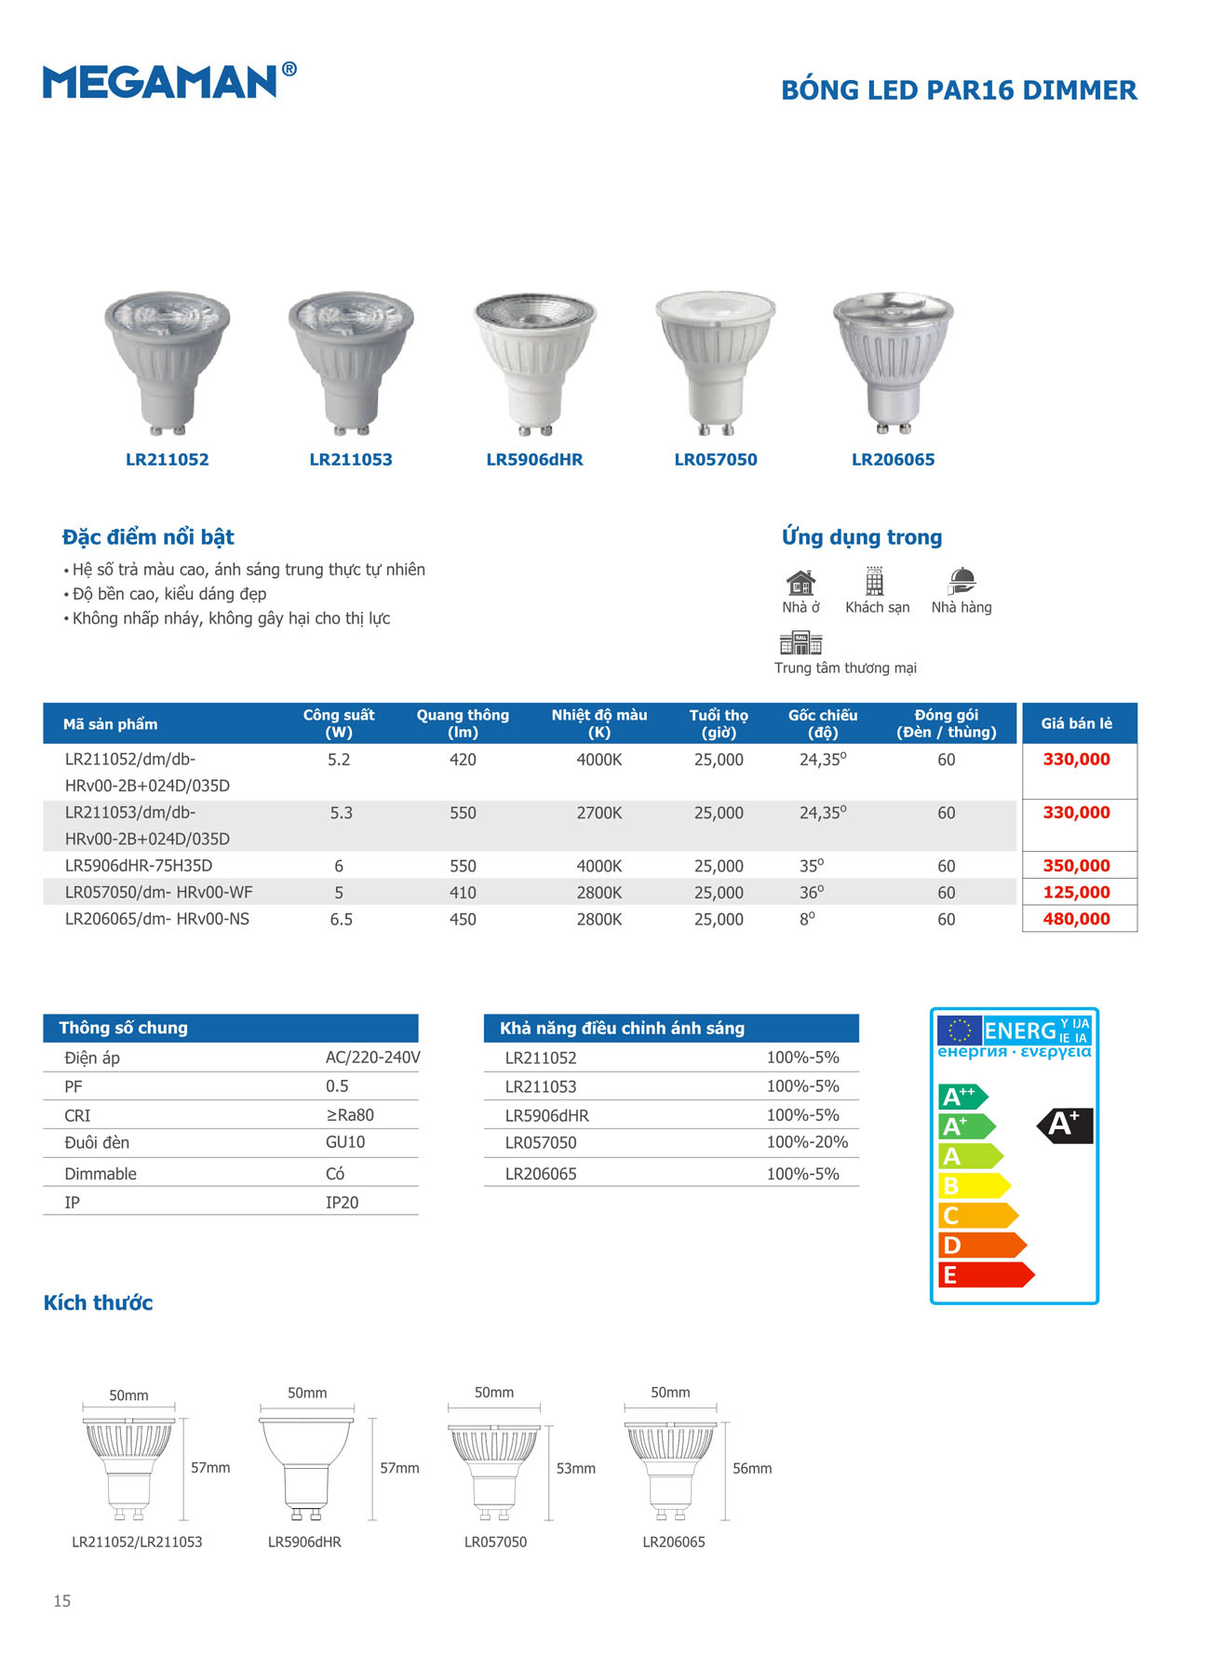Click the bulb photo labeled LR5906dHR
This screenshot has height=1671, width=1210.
coord(534,363)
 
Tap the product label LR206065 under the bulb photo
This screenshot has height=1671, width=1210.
coord(893,460)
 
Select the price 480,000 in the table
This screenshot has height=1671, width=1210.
coord(1076,919)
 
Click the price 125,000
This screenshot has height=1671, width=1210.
coord(1076,892)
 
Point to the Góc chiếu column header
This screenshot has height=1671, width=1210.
coord(823,723)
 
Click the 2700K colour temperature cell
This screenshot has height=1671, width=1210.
coord(598,813)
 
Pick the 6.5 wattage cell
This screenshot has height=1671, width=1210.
coord(341,919)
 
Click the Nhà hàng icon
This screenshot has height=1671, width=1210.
coord(961,582)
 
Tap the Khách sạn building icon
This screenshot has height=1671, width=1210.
coord(875,582)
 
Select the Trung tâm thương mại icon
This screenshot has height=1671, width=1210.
coord(800,642)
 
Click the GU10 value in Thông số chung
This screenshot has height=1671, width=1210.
coord(345,1142)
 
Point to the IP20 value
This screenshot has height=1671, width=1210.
coord(342,1203)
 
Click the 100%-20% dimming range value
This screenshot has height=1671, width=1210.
coord(807,1142)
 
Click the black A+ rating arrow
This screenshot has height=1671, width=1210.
coord(1066,1125)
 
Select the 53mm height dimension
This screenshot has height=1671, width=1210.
coord(575,1468)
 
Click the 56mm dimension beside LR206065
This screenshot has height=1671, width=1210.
coord(751,1468)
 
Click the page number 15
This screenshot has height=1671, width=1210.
coord(61,1601)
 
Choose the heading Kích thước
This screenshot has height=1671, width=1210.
coord(98,1302)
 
